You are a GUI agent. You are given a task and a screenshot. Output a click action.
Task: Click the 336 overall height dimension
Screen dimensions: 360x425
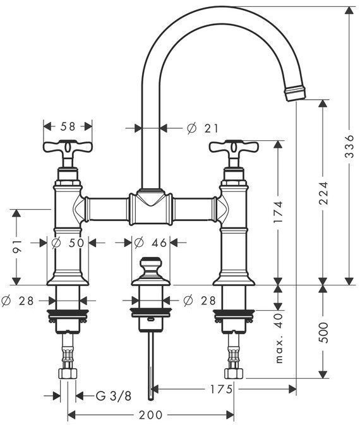350,147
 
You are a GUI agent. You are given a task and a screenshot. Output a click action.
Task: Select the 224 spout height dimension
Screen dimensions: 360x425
323,193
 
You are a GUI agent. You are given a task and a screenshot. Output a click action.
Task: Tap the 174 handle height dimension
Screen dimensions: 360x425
278,212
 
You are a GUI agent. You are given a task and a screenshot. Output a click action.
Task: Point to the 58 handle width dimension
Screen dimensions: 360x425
68,126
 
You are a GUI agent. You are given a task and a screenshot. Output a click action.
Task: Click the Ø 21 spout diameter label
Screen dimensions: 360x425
203,128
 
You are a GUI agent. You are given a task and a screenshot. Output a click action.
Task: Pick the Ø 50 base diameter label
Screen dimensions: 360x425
68,243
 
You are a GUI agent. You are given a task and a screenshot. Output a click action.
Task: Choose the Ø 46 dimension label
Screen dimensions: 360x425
151,243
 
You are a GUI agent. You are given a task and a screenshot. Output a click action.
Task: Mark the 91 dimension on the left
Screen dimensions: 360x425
16,246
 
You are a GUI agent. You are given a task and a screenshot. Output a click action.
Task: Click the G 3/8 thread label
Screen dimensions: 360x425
114,397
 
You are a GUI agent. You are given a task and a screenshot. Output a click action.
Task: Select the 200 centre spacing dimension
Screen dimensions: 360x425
151,415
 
